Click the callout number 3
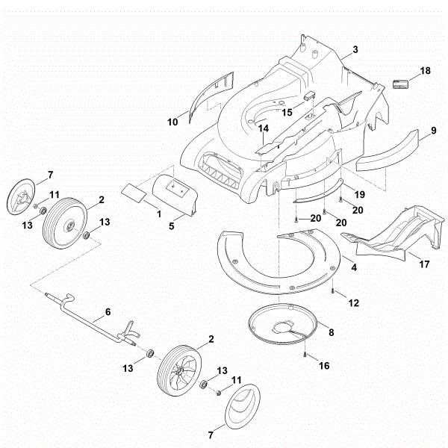click(355, 49)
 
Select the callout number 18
click(425, 71)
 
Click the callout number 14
click(262, 129)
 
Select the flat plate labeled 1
click(135, 192)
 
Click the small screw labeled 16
click(306, 354)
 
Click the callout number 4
click(354, 267)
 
